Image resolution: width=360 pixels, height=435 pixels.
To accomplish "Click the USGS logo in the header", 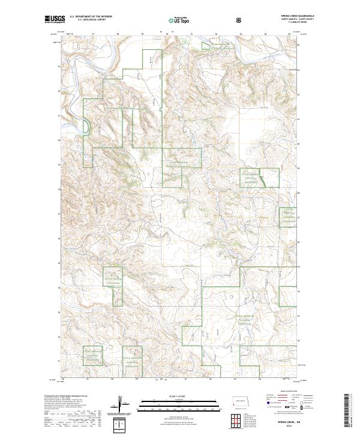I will tap(55, 19).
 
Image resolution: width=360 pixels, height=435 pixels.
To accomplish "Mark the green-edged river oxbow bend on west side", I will tap(86, 126).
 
